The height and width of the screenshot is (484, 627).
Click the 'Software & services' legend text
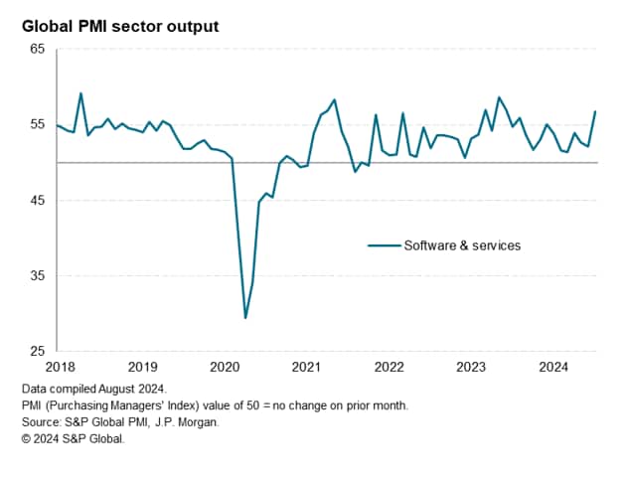point(461,244)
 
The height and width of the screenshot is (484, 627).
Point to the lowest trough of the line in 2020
point(245,318)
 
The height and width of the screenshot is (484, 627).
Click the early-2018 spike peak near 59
point(80,93)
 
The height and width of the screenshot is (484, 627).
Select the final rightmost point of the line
point(595,111)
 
